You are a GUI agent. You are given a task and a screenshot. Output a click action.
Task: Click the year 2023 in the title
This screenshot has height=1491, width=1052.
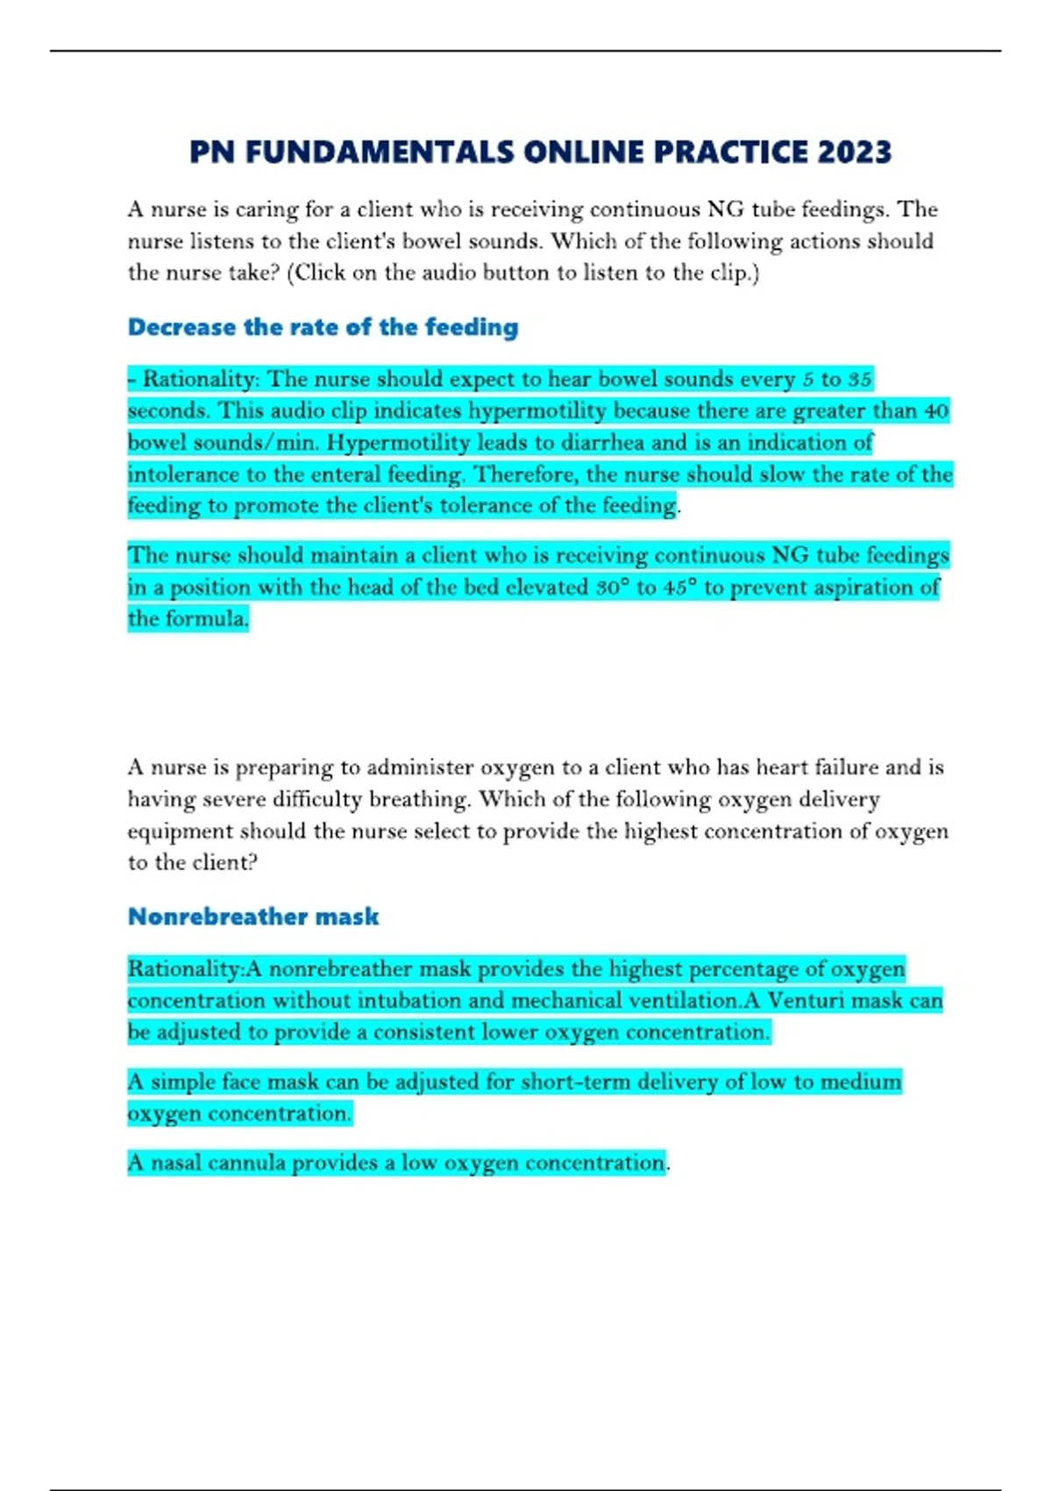pyautogui.click(x=855, y=153)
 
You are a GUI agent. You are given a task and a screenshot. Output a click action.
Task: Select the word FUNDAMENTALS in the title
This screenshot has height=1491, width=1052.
pyautogui.click(x=379, y=153)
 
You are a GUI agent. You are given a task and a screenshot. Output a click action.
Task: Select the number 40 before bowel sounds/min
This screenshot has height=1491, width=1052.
pyautogui.click(x=936, y=410)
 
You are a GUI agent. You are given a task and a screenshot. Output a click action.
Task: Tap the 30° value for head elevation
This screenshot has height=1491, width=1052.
pyautogui.click(x=612, y=587)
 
